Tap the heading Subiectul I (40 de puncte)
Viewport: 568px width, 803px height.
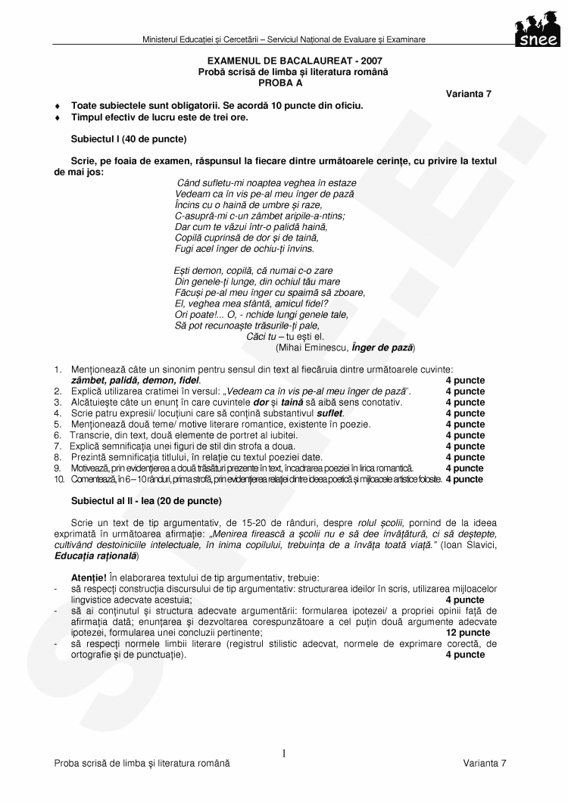click(x=129, y=139)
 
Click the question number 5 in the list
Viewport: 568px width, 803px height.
click(x=58, y=425)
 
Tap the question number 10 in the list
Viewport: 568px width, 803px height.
click(x=58, y=479)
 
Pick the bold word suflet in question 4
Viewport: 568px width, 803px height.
click(x=331, y=413)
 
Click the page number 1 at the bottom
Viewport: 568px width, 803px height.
click(x=284, y=753)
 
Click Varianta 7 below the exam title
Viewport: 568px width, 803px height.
click(x=468, y=93)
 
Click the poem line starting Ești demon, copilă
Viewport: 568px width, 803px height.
click(x=254, y=270)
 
